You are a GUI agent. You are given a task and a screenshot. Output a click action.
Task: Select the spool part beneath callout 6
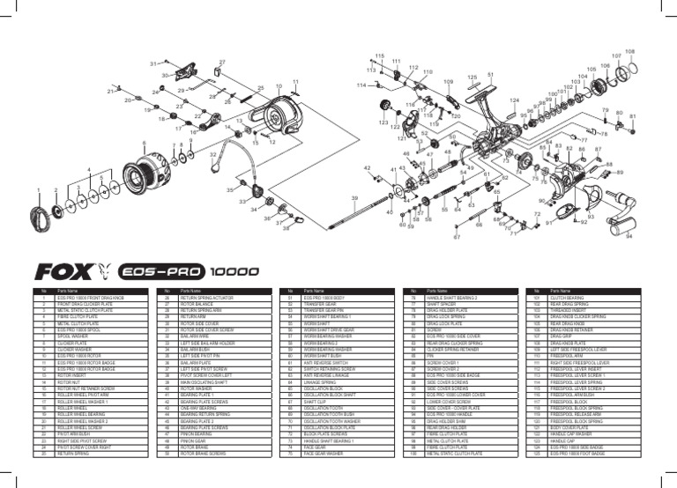143,168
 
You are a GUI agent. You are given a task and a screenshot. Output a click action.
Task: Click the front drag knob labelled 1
40,213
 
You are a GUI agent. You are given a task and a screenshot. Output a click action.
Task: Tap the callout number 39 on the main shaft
354,199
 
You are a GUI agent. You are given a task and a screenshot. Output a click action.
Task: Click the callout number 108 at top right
629,52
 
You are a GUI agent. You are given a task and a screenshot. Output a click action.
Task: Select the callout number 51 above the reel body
487,76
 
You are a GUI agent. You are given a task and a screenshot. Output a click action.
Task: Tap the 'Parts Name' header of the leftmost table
68,290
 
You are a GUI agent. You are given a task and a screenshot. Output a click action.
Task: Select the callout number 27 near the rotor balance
222,63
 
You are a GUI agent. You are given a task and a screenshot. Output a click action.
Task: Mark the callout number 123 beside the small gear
383,123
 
